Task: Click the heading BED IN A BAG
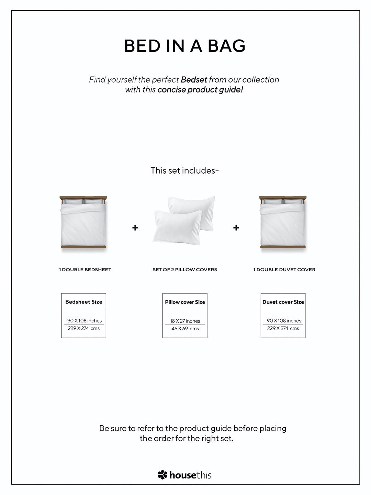(185, 46)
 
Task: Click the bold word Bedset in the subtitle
(194, 80)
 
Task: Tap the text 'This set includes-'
(185, 171)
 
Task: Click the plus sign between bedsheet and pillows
(135, 228)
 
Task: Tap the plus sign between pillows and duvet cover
(236, 228)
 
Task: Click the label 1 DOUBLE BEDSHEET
(85, 270)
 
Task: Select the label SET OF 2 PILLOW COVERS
(185, 270)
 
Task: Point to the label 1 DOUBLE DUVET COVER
(284, 270)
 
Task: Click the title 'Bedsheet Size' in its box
(84, 302)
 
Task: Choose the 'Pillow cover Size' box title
(185, 302)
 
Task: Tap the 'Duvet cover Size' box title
(283, 302)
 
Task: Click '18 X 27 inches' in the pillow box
(185, 321)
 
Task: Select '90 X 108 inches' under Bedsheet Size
(85, 321)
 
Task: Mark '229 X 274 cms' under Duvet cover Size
(283, 328)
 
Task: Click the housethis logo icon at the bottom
(162, 475)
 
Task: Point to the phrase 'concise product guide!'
(200, 90)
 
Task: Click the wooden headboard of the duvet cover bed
(283, 198)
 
